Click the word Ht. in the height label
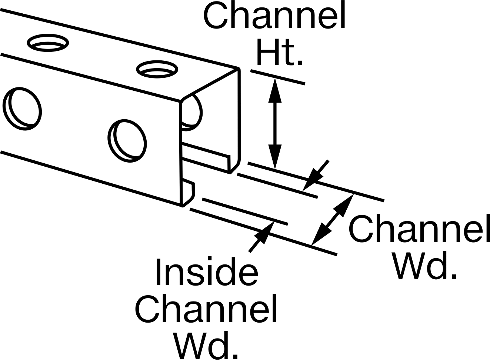click(x=280, y=52)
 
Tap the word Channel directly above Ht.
click(x=274, y=15)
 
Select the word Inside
click(x=207, y=271)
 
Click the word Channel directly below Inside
click(x=206, y=309)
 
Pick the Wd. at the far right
click(x=425, y=265)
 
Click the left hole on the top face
click(x=48, y=43)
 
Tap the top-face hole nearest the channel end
click(x=157, y=69)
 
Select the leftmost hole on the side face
click(x=22, y=109)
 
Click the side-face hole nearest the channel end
click(x=127, y=141)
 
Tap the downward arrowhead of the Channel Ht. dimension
click(x=275, y=157)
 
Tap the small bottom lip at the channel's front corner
click(x=189, y=193)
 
